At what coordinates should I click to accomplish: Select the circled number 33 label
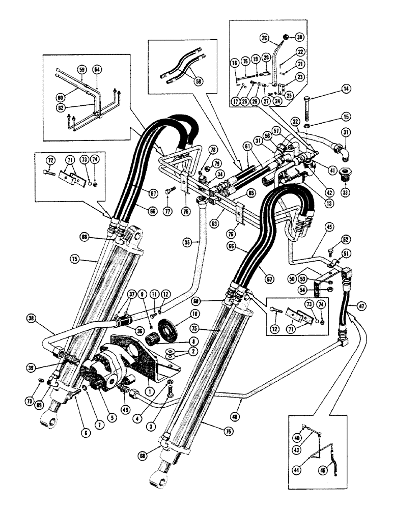pos(348,193)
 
